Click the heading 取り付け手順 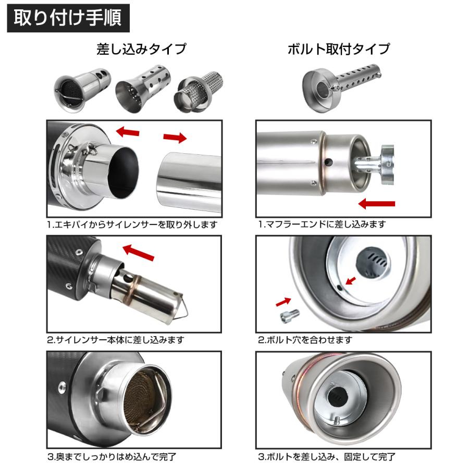(x=68, y=18)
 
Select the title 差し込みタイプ (x=141, y=50)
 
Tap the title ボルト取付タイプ (x=339, y=50)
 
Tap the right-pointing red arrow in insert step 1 (x=175, y=137)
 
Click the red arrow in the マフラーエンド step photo (x=377, y=203)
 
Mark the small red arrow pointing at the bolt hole (x=351, y=281)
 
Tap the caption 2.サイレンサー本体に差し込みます (x=116, y=340)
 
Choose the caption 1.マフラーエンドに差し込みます (x=322, y=225)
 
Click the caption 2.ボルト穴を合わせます (x=305, y=340)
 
